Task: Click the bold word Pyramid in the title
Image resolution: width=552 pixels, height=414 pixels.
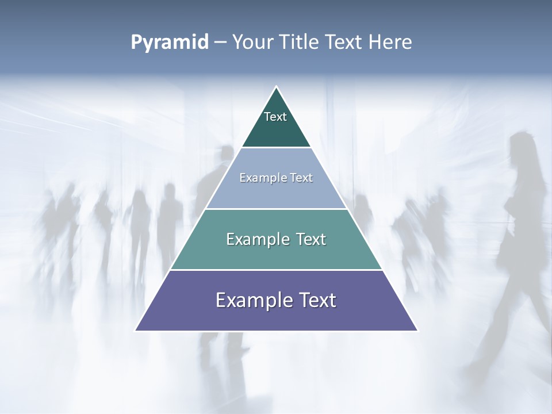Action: [x=170, y=43]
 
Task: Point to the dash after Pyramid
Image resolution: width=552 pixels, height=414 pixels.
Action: [x=220, y=43]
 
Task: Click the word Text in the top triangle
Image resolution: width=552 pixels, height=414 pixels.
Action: [x=275, y=117]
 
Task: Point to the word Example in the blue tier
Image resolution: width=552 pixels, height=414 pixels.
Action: [x=262, y=178]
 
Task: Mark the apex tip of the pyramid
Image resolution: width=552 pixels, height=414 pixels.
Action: [x=277, y=87]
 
